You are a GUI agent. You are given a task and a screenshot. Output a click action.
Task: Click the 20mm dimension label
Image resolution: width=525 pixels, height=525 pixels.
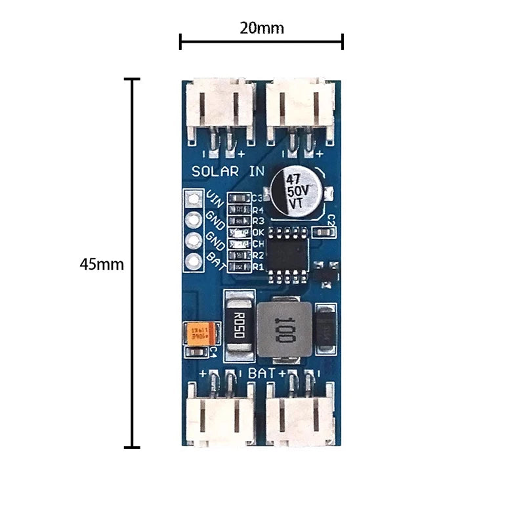262,28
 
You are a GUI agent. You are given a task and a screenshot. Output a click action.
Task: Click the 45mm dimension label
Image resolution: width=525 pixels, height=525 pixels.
101,264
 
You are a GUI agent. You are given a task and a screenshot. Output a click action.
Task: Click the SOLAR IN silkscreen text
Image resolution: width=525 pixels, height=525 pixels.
228,171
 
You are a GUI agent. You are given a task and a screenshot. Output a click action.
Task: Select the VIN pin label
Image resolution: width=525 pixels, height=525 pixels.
214,198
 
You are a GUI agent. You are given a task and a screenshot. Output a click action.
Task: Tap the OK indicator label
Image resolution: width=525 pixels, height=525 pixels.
258,232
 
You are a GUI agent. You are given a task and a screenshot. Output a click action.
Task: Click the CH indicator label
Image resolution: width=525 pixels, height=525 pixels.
258,243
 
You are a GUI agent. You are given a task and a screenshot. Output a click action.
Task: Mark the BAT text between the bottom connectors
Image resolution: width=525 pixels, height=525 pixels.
262,373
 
